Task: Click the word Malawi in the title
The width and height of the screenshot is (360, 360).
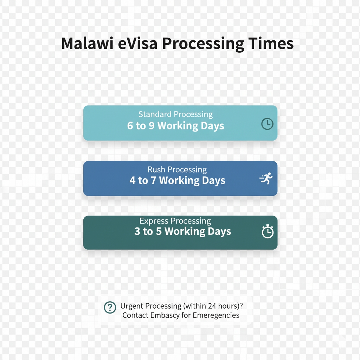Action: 87,43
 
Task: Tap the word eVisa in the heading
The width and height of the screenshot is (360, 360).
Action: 137,43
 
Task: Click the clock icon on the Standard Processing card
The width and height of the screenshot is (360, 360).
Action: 267,124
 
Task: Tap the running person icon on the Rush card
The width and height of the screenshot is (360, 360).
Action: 266,178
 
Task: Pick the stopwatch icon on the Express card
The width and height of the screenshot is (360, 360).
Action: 268,231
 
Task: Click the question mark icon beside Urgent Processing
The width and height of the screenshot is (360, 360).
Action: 110,307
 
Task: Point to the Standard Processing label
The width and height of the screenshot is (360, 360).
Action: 176,114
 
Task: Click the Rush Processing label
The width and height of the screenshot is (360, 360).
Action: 177,170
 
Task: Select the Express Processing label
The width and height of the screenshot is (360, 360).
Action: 175,221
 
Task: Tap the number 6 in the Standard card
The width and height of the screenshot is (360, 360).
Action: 130,126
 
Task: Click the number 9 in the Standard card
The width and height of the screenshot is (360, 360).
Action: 152,126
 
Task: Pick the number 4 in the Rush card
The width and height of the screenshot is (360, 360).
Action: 133,180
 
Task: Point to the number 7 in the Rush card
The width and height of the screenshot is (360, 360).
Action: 154,180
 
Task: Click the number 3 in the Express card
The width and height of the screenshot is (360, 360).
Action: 137,231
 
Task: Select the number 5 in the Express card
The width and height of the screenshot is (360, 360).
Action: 159,231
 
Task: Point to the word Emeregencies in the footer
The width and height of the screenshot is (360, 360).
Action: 216,315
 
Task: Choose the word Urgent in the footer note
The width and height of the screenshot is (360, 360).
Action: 132,306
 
